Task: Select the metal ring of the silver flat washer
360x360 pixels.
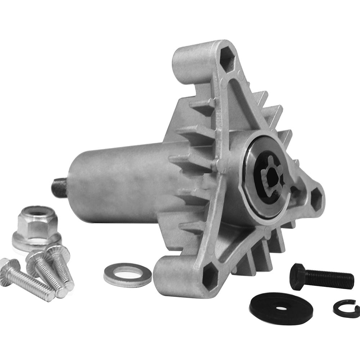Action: point(114,275)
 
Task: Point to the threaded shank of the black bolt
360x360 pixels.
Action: point(331,278)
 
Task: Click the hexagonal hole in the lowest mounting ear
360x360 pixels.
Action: point(211,279)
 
